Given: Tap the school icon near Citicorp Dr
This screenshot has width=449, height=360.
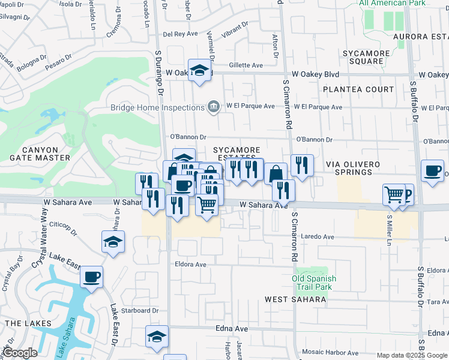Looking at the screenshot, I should (x=113, y=242).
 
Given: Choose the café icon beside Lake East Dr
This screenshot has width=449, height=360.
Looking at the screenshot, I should (x=92, y=277).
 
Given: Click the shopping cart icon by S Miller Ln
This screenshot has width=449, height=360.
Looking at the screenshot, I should (x=394, y=194).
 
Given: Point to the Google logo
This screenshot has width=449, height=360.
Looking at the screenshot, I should (x=20, y=353).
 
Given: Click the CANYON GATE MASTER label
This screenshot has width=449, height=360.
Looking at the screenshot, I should (x=40, y=154).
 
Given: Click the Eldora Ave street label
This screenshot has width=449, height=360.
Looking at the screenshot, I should (x=190, y=264).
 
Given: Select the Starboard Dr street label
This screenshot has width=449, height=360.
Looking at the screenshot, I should (x=139, y=311).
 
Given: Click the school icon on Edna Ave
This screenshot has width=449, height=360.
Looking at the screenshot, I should (x=157, y=337).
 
